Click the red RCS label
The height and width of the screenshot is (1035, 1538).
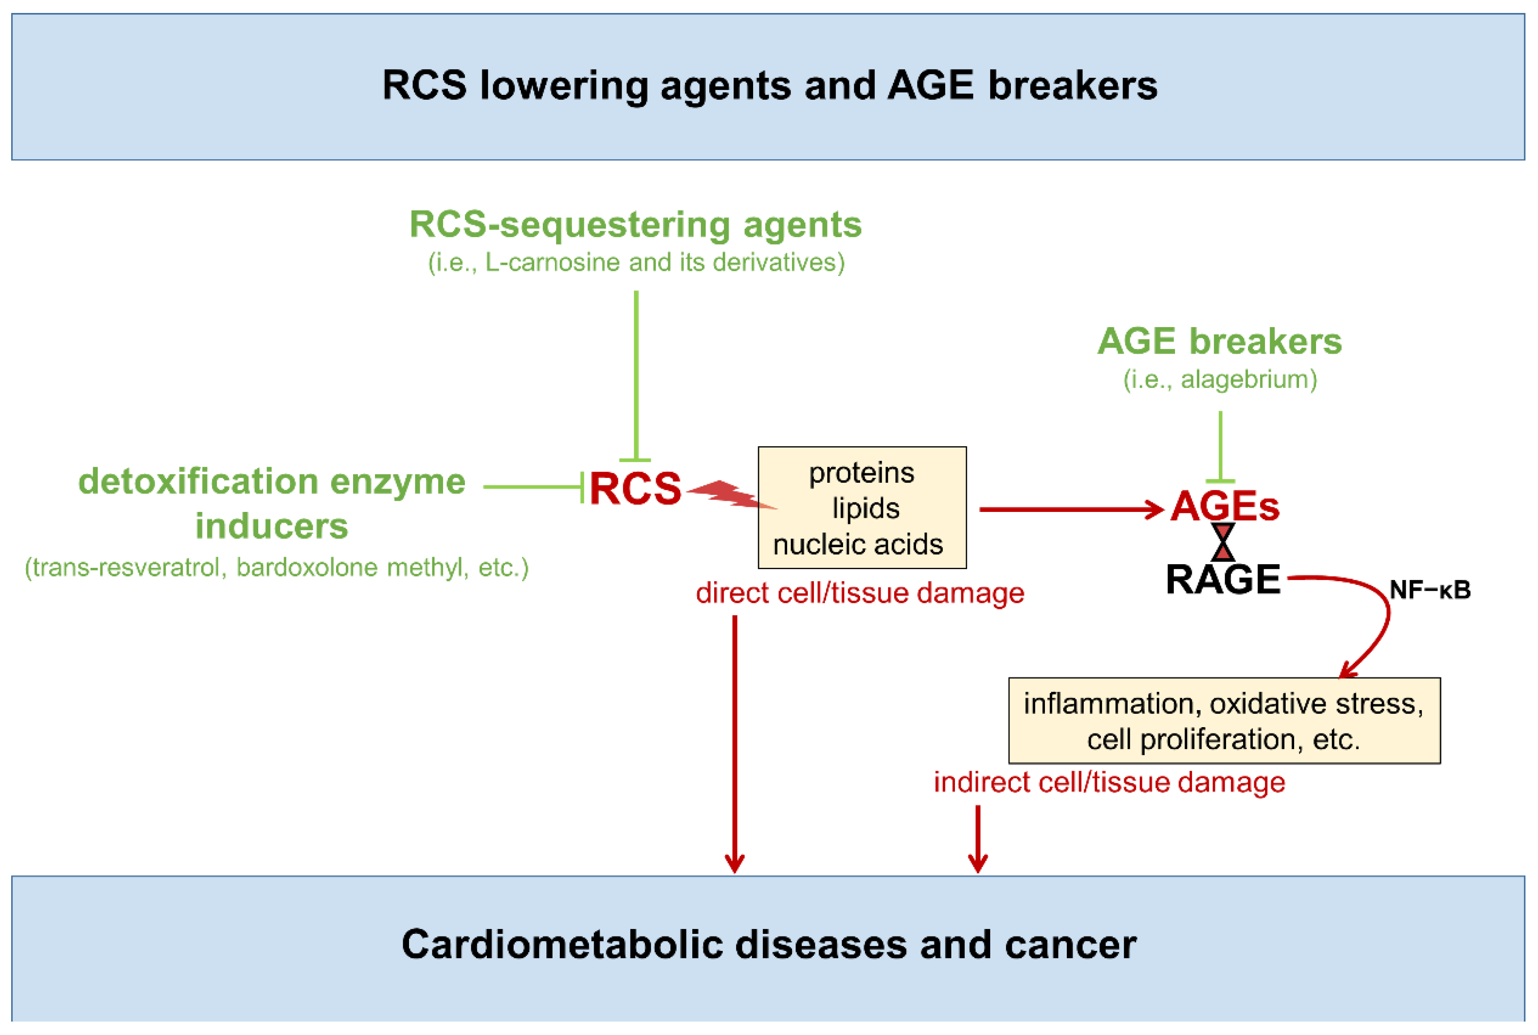(635, 489)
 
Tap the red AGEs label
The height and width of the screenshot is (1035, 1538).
(1224, 506)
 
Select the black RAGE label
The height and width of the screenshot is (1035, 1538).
(1223, 579)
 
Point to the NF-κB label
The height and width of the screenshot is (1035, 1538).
(1430, 589)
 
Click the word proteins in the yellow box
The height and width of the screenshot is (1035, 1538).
(861, 473)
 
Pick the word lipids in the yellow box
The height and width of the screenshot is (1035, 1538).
(865, 508)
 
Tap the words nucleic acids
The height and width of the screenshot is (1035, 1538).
(858, 545)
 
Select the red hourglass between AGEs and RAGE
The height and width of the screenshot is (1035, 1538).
(1223, 542)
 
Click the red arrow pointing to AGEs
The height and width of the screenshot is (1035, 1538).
(1071, 510)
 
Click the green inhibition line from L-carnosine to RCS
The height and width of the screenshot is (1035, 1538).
(636, 375)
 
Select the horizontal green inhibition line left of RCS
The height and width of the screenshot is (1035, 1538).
(533, 487)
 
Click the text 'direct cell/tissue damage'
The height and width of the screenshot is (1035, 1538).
(860, 593)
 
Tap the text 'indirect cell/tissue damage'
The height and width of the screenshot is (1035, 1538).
(1109, 782)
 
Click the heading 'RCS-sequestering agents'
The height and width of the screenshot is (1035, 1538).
(636, 225)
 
